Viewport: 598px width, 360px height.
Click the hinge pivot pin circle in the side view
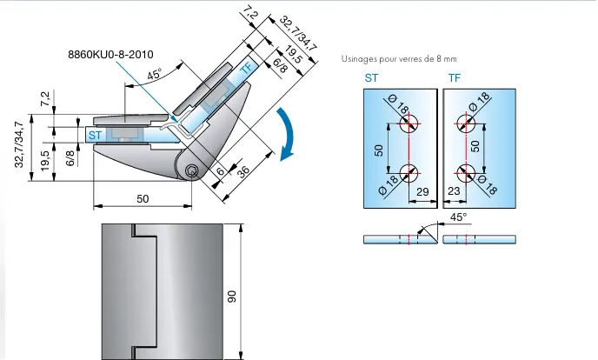click(x=191, y=173)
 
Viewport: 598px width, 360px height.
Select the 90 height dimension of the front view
click(x=232, y=297)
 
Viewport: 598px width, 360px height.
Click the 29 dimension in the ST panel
click(x=423, y=190)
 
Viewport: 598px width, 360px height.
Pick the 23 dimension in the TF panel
click(x=454, y=190)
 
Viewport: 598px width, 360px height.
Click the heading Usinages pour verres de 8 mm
click(x=400, y=59)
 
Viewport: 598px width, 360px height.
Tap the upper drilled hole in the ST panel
click(x=407, y=123)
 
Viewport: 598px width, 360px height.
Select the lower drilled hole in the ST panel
click(x=407, y=173)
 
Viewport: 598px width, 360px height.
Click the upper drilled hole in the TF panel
click(x=467, y=123)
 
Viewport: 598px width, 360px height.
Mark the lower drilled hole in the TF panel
click(x=467, y=173)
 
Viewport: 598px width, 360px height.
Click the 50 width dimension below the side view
click(x=143, y=199)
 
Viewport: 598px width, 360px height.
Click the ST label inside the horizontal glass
click(x=96, y=135)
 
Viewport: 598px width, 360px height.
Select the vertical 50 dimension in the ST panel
click(x=380, y=149)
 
